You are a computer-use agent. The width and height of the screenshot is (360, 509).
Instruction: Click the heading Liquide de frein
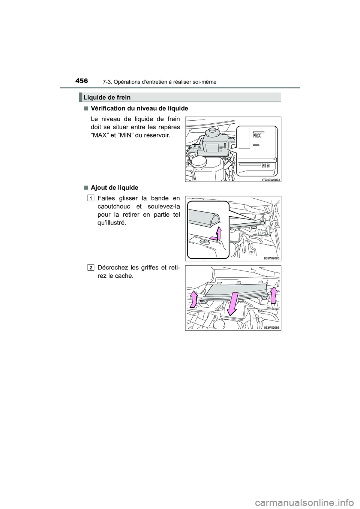(x=107, y=97)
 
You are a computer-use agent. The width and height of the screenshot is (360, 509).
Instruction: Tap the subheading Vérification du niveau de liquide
(x=139, y=108)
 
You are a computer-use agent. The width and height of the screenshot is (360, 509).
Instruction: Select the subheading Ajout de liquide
(x=114, y=187)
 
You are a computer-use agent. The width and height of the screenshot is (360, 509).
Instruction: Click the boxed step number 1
(x=91, y=198)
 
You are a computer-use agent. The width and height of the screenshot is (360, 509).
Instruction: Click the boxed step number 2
(x=91, y=267)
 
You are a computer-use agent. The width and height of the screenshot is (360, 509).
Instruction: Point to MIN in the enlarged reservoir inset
(x=265, y=165)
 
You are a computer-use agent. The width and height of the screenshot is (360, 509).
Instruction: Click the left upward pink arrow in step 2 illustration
(x=194, y=299)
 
